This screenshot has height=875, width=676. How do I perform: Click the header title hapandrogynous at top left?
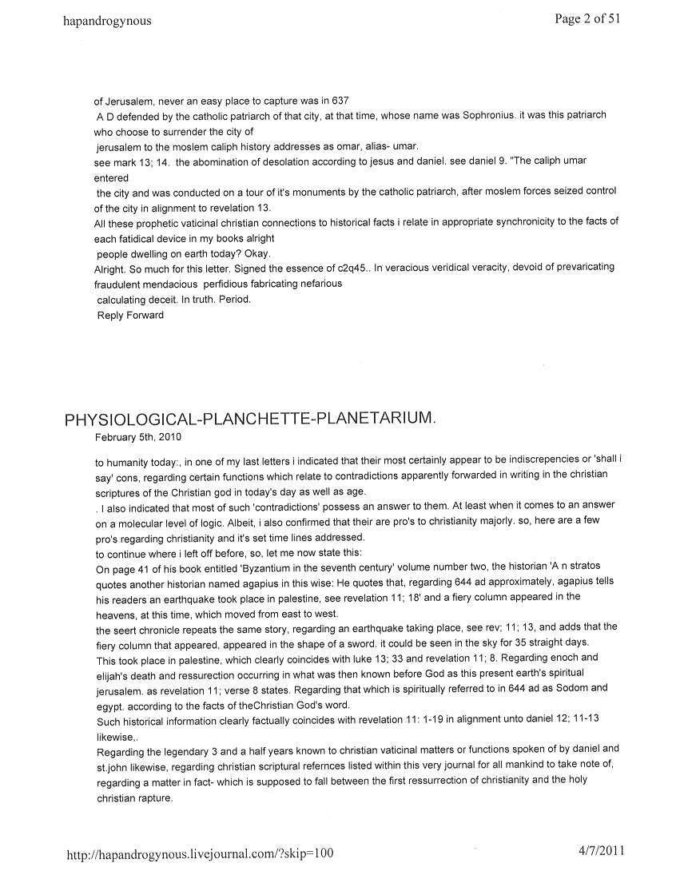(x=106, y=22)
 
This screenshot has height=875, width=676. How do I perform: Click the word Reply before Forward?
(x=110, y=316)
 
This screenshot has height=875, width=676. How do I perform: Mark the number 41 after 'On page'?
(x=138, y=567)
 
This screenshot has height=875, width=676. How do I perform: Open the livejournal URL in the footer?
(x=199, y=853)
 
